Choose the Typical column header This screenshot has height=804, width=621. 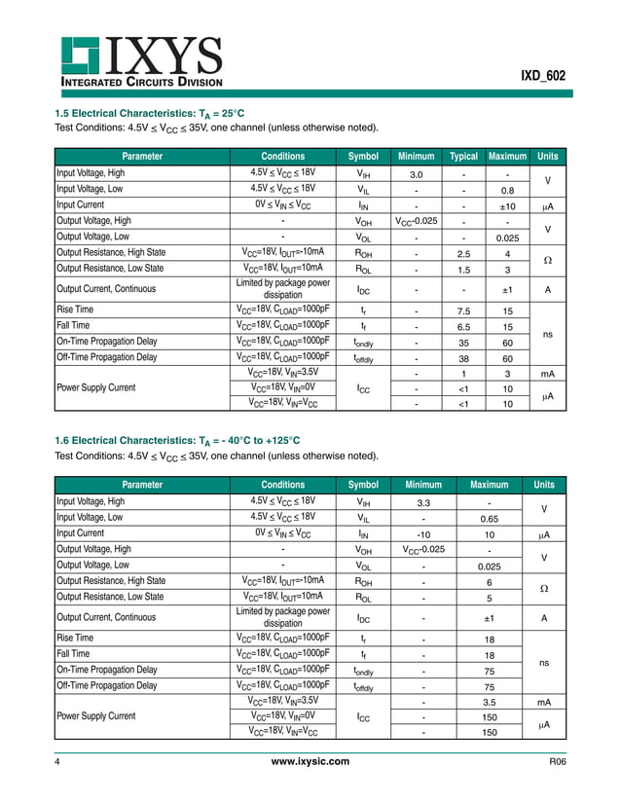(x=463, y=156)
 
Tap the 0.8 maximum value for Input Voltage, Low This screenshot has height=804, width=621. (x=507, y=190)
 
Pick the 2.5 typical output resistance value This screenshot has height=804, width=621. (x=463, y=253)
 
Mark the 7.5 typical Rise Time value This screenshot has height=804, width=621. (x=463, y=311)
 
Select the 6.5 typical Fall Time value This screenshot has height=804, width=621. (x=463, y=326)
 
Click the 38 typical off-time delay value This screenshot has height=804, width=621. (x=463, y=357)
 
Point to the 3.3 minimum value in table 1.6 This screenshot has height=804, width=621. (x=423, y=502)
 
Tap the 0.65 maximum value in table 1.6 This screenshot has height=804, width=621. (x=490, y=518)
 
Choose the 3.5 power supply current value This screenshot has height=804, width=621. (x=490, y=701)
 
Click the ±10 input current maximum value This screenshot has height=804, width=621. (x=507, y=205)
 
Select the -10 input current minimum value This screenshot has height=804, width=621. (x=423, y=533)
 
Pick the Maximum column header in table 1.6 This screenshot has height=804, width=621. (x=490, y=484)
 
